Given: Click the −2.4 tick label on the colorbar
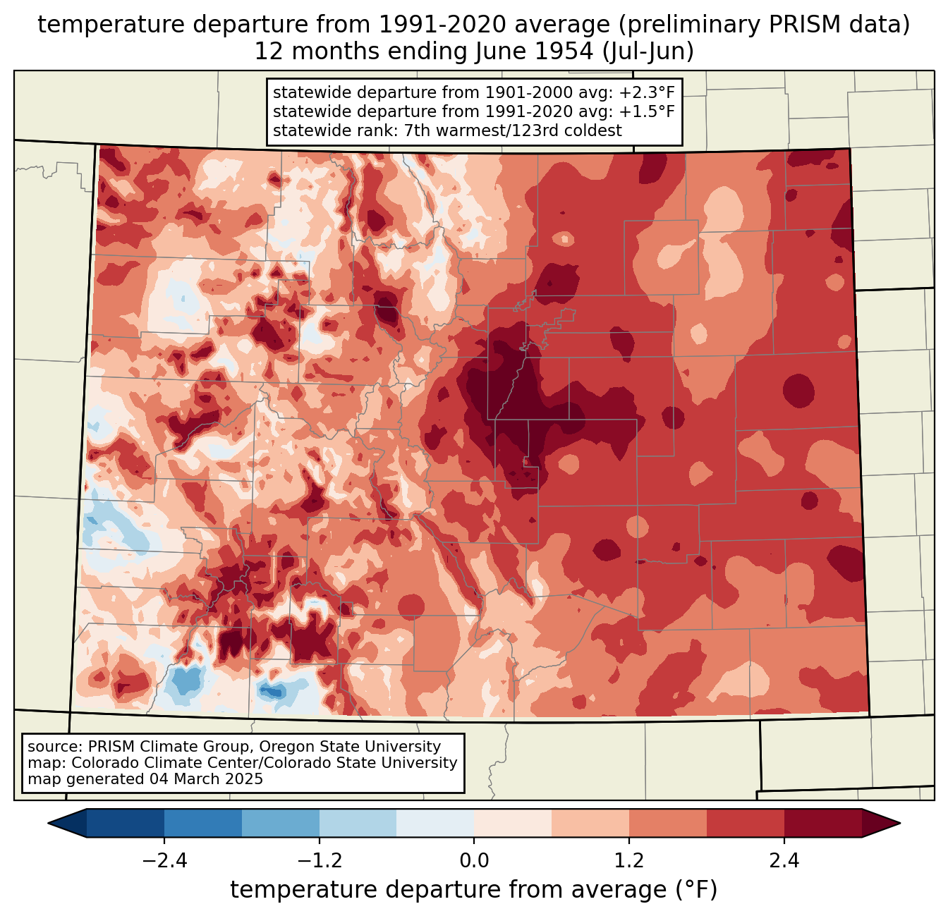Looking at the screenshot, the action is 164,860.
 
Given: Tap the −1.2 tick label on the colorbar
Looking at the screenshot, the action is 320,860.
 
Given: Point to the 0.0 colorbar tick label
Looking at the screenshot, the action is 474,860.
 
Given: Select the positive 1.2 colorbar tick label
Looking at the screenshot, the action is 629,860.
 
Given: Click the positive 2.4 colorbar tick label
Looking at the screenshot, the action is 784,860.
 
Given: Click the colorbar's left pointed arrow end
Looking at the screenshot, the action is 48,823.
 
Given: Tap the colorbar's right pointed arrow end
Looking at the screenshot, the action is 900,823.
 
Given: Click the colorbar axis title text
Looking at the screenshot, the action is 473,889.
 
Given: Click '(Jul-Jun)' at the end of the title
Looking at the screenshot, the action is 648,51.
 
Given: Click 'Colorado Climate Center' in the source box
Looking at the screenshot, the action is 165,762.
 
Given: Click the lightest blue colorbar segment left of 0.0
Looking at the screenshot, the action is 435,823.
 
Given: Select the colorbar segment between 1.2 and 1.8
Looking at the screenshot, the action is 668,823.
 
